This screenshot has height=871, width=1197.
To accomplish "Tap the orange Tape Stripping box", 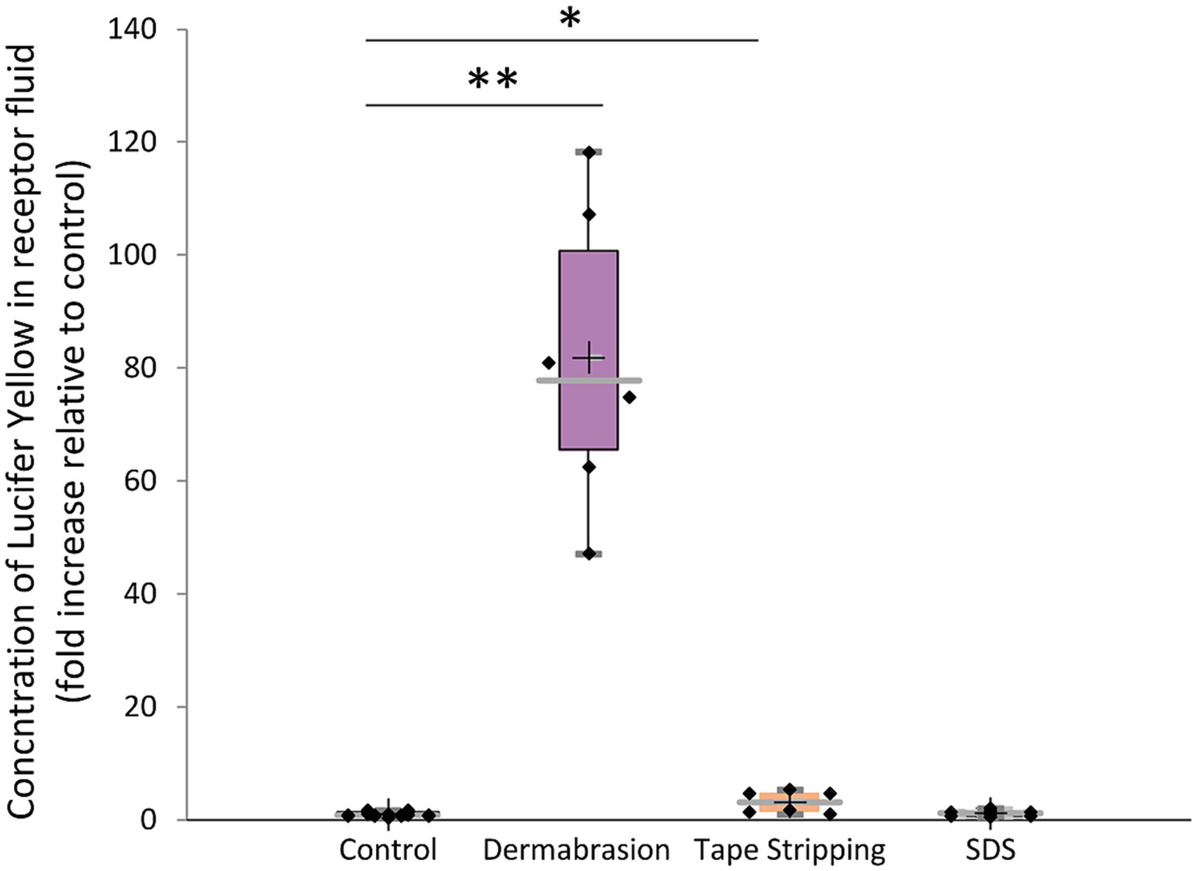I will (789, 802).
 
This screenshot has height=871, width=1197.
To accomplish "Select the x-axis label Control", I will (388, 849).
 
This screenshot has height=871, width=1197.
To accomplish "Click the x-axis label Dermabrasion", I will (576, 849).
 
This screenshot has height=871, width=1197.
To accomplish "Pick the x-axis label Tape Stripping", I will (789, 849).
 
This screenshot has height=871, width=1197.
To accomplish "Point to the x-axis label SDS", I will (990, 849).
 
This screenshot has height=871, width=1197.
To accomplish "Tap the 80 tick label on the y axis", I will (140, 368).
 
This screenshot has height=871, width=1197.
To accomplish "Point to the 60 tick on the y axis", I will (140, 481).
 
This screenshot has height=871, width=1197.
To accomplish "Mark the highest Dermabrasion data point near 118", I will (589, 152).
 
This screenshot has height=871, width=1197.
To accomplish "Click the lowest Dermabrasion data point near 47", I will (589, 554).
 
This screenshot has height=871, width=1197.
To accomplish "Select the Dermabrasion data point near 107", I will (589, 214).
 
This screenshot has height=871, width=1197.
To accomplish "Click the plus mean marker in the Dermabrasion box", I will (589, 358).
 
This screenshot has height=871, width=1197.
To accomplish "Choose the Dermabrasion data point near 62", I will (589, 467).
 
